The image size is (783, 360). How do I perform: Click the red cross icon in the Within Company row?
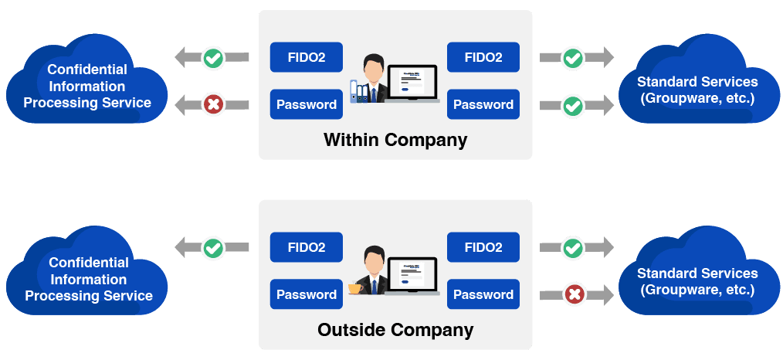213,104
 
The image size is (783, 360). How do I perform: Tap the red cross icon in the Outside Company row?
573,294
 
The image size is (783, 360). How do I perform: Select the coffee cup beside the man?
355,288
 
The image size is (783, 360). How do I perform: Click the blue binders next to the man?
358,91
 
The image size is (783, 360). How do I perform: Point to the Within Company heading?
395,140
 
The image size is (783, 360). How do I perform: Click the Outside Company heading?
395,330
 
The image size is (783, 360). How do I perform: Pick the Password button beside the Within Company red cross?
307,104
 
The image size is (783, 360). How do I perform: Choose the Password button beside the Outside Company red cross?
483,294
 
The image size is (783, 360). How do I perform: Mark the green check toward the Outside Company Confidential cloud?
213,248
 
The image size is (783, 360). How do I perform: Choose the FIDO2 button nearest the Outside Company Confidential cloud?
307,247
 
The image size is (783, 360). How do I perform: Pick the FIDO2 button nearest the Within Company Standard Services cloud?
483,57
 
